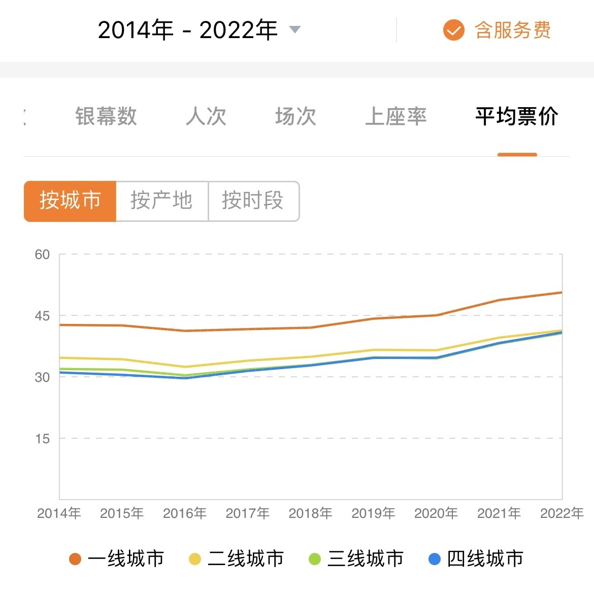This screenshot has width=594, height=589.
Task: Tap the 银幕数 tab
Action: coord(106,116)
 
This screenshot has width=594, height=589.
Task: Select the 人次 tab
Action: coord(206,116)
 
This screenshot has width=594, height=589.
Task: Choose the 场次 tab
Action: coord(295,116)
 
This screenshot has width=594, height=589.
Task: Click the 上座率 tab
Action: coord(395,116)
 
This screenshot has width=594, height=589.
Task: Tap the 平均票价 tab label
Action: coord(517,116)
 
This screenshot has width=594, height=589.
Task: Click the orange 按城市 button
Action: coord(70,201)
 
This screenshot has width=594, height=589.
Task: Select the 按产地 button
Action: coord(161,201)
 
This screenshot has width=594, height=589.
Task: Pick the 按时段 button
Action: coord(253,201)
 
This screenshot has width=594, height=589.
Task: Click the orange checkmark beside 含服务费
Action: coord(453,30)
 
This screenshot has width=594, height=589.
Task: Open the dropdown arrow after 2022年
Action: coord(294,29)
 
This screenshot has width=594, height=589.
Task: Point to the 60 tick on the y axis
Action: coord(42,254)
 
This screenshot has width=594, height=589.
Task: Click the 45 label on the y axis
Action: coord(42,316)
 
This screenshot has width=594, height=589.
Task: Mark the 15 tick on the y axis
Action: coord(42,439)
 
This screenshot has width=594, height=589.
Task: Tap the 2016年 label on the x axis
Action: coord(185,513)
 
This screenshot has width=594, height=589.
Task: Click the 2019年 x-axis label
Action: coord(373,513)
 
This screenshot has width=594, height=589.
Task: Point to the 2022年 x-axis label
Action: coord(562,513)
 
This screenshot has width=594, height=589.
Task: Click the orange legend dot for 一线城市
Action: coord(75,559)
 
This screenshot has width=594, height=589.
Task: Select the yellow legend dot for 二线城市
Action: coord(195,559)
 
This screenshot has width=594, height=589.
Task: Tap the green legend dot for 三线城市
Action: coord(315,559)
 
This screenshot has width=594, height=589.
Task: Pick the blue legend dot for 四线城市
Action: coord(435,559)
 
